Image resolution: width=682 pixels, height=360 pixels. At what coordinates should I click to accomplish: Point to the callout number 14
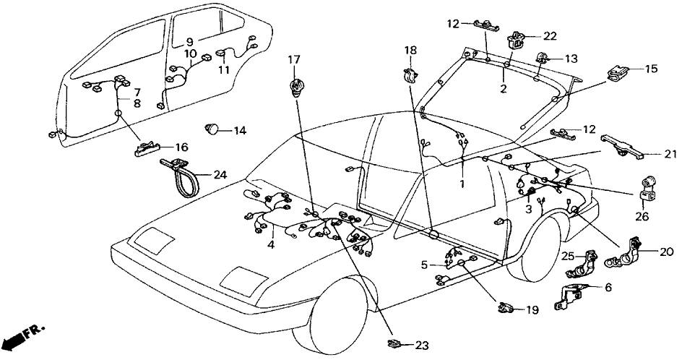point(239,131)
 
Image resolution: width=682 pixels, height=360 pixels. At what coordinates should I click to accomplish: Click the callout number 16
point(181,147)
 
